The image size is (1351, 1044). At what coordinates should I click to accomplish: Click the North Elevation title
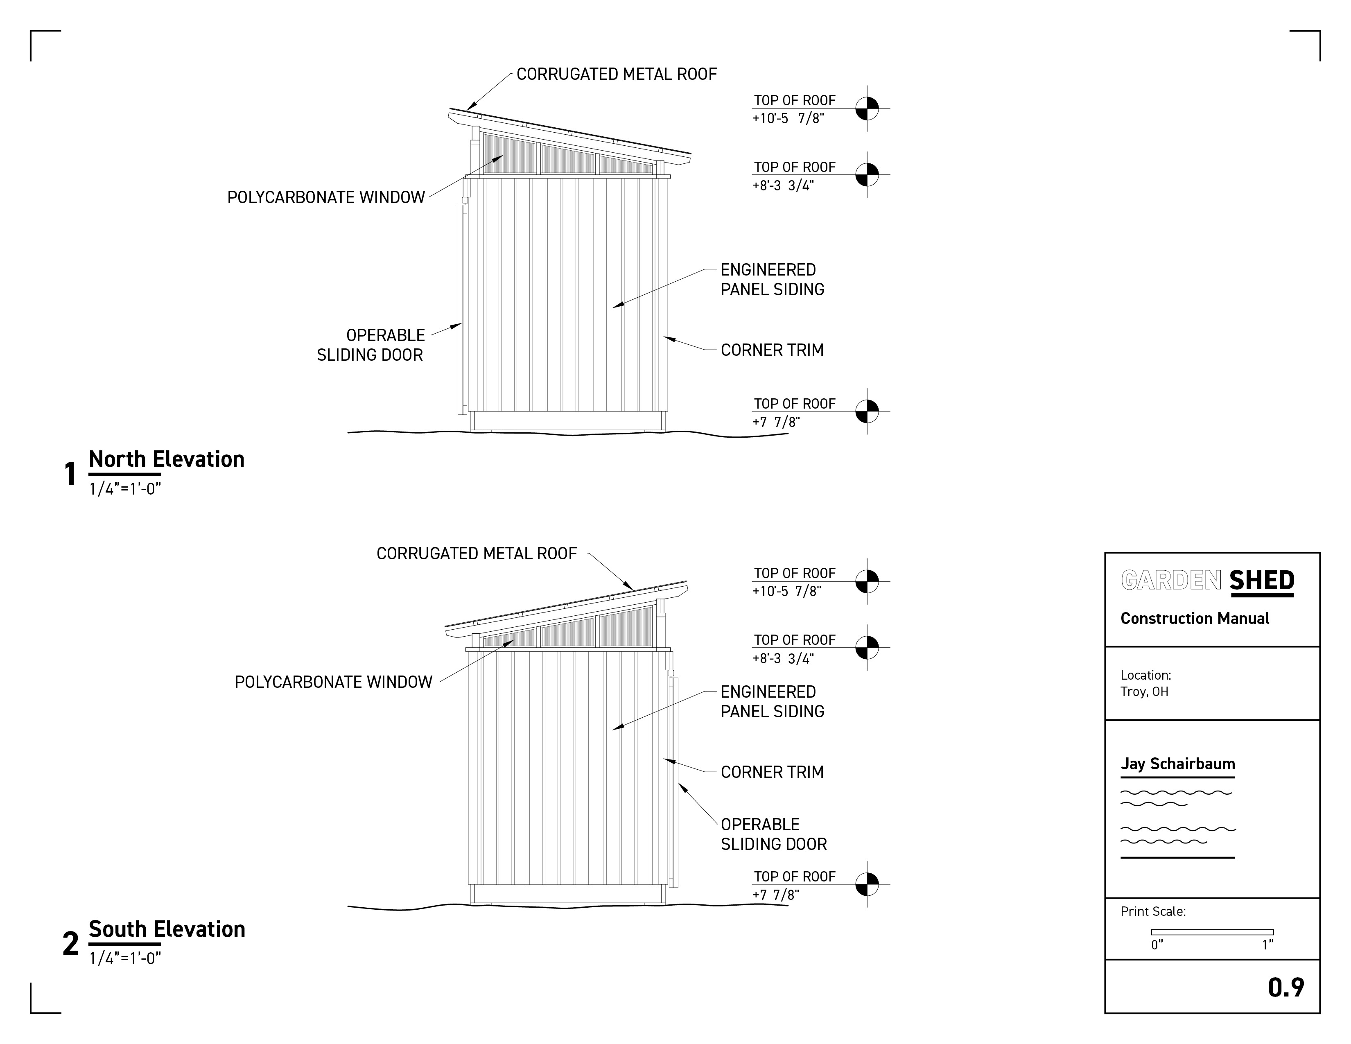[x=166, y=459]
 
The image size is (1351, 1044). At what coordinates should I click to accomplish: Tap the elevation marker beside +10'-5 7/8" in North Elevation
[x=867, y=109]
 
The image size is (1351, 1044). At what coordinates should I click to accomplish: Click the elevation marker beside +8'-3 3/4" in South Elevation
[x=867, y=648]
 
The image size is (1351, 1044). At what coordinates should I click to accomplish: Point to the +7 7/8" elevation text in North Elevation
[x=776, y=422]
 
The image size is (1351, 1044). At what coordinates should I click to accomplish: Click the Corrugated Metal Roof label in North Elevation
[x=616, y=74]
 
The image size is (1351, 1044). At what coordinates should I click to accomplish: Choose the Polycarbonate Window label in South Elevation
[x=333, y=682]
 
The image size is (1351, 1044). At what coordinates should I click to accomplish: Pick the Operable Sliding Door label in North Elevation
[x=371, y=345]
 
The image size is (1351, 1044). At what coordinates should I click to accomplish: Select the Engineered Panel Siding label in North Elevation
[x=772, y=280]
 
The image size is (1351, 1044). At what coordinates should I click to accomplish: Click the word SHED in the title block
[x=1261, y=581]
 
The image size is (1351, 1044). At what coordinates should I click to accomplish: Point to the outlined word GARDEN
[x=1171, y=581]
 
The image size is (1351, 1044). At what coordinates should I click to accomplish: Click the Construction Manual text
[x=1195, y=619]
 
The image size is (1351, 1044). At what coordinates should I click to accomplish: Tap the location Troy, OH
[x=1144, y=691]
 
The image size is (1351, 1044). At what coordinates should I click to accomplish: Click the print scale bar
[x=1212, y=932]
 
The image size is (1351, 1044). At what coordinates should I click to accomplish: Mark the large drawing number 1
[x=70, y=475]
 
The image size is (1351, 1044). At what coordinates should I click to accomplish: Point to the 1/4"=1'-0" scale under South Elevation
[x=125, y=959]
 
